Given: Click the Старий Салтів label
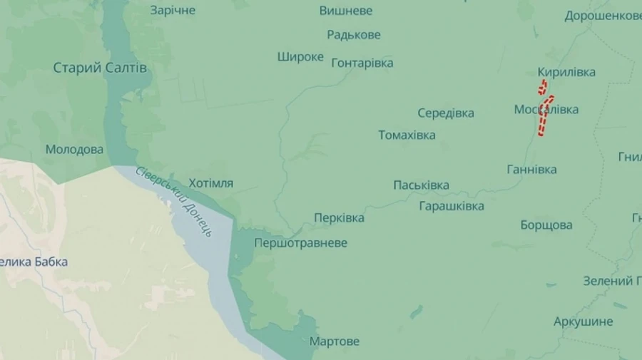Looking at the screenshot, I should tap(100, 68).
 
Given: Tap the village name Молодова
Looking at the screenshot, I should tap(74, 150).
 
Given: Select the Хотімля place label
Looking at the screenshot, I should tap(210, 183).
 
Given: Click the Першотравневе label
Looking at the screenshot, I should tap(301, 243).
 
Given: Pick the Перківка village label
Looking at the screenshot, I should tap(339, 217).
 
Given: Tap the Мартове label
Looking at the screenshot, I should tap(334, 341).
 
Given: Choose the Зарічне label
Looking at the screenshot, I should tap(173, 11).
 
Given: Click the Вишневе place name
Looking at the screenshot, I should tap(345, 11).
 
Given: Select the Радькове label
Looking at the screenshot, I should tap(354, 35).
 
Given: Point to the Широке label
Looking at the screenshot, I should tap(300, 57).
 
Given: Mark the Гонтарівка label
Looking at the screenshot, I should tap(362, 63).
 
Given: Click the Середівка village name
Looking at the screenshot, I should tap(446, 113).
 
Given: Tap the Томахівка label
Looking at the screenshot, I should tap(407, 135).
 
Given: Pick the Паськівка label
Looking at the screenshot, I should tap(421, 185).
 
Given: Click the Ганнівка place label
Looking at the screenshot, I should tap(531, 170).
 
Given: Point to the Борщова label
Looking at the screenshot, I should tap(546, 225).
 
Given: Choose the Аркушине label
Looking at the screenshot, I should tap(583, 322).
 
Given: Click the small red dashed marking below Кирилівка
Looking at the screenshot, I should tap(543, 88).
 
